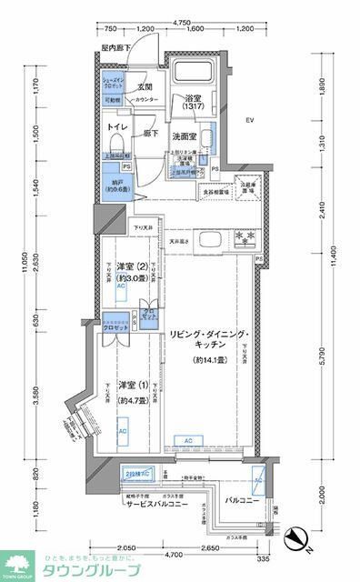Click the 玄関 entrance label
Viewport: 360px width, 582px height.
pos(143,86)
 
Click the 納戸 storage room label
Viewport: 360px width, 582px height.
pos(115,185)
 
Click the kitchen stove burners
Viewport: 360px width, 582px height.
pos(245,240)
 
